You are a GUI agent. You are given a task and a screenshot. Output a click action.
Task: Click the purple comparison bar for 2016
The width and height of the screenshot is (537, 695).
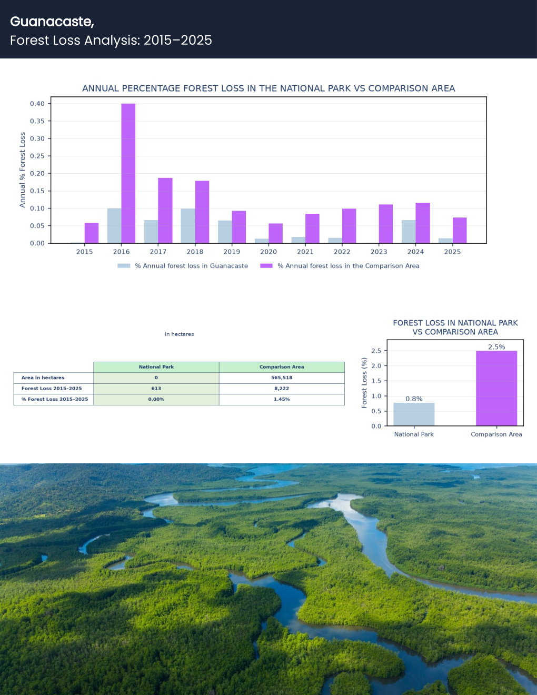(x=128, y=173)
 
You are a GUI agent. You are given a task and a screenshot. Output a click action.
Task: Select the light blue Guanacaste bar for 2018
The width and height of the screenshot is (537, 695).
(x=188, y=226)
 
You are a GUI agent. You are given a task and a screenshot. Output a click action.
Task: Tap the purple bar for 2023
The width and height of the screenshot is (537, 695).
(x=386, y=224)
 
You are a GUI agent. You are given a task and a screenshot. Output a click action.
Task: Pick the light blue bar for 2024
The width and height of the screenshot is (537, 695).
(x=409, y=232)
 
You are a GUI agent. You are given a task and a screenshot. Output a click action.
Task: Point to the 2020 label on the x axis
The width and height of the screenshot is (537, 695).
(x=268, y=252)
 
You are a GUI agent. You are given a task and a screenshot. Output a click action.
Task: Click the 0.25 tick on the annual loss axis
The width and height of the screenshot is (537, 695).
(x=37, y=156)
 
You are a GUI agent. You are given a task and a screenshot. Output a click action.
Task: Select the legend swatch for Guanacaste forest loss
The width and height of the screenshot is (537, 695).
(x=124, y=266)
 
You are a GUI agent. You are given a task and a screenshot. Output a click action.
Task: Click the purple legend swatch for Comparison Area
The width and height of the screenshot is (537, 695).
(x=266, y=266)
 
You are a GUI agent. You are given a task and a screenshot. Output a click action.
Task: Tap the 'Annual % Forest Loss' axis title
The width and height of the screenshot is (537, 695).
(x=22, y=170)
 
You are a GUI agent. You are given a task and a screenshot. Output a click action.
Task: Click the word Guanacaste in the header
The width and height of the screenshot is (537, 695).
(x=52, y=22)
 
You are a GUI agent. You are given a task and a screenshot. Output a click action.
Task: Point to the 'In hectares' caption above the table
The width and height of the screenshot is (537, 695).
(x=179, y=334)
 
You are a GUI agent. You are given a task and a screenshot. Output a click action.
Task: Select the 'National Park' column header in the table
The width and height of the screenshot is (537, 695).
(x=156, y=367)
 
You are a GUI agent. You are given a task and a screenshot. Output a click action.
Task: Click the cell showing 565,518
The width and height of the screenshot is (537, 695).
(x=282, y=378)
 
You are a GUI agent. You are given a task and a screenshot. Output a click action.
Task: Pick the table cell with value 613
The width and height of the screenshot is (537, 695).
(x=156, y=389)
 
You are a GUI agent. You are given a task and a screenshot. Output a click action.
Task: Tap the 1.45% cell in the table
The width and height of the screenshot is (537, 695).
(x=282, y=400)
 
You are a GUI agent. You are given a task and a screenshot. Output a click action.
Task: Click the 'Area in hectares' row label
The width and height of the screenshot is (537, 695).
(x=43, y=378)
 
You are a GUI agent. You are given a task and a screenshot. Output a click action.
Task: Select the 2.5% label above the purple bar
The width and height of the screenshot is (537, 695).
(x=496, y=347)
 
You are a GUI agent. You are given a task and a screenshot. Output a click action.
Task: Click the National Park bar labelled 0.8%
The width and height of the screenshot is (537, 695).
(x=414, y=414)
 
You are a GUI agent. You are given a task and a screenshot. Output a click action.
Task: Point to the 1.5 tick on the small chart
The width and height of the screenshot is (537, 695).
(x=376, y=381)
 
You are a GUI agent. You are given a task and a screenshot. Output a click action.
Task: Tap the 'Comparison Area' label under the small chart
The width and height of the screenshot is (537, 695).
(x=496, y=434)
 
